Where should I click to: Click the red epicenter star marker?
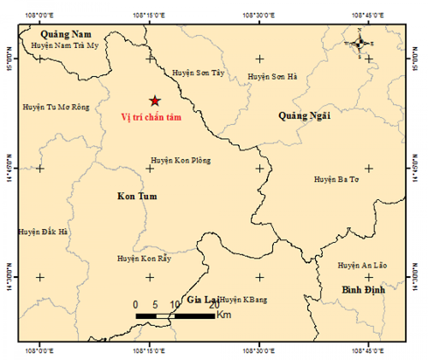154,101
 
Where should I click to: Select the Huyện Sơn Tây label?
199,74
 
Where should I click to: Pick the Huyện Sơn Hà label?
271,77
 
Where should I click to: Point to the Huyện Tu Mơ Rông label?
56,108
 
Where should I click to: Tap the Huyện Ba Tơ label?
336,180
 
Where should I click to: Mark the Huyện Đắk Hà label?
41,232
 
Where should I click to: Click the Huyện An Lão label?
362,266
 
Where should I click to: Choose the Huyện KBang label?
243,300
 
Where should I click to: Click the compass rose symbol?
360,41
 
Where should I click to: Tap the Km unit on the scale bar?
224,316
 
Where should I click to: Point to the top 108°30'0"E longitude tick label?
259,15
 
